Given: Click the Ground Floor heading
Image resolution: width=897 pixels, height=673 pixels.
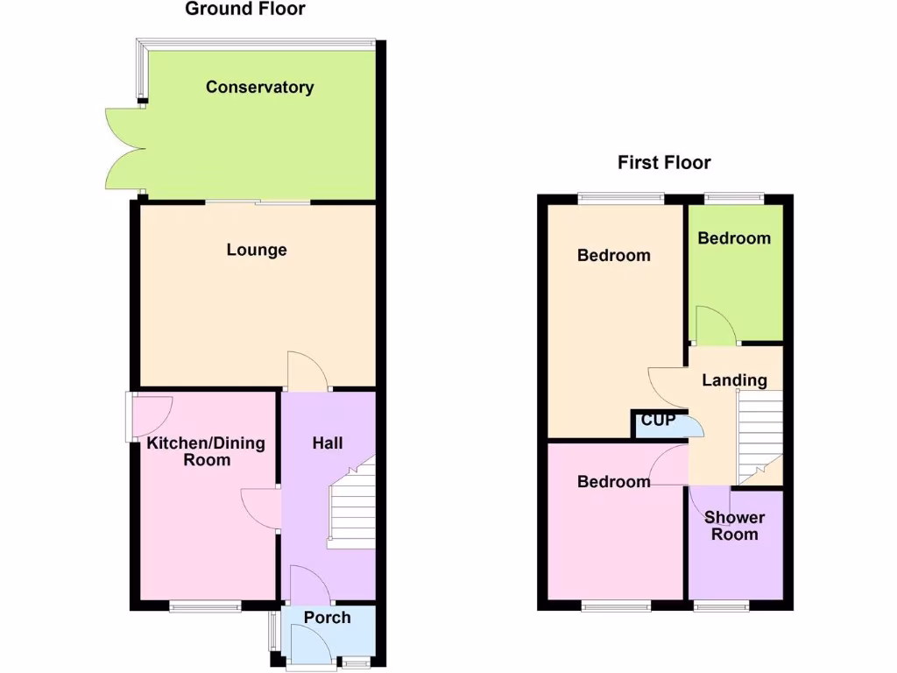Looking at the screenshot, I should [245, 10].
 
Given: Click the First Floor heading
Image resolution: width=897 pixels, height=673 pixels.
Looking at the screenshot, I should [664, 162].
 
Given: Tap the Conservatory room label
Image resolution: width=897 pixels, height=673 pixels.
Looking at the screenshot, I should [259, 87].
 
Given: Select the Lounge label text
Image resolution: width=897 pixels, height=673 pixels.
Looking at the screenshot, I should [257, 250].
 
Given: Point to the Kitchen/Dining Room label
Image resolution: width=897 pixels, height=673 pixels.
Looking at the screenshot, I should [206, 451].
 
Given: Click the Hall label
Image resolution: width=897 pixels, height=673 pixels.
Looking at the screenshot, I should [328, 443].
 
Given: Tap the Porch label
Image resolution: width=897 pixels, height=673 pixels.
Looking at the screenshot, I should [327, 618].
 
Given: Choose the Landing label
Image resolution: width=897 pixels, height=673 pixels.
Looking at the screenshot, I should [734, 380].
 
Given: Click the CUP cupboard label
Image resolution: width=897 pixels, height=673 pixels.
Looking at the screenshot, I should [658, 421].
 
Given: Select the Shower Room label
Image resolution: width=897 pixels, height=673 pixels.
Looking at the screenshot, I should [734, 526].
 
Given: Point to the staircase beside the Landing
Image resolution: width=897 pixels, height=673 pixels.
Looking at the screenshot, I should [760, 435].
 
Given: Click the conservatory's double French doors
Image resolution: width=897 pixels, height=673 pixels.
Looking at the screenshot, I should [124, 148].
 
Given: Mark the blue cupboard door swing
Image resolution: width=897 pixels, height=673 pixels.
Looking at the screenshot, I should [692, 426].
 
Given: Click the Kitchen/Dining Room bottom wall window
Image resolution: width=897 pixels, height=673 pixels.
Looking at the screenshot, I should [205, 605].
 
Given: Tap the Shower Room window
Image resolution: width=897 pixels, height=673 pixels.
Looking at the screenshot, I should [722, 605].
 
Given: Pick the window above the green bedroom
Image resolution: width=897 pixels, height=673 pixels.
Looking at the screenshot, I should [734, 199].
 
